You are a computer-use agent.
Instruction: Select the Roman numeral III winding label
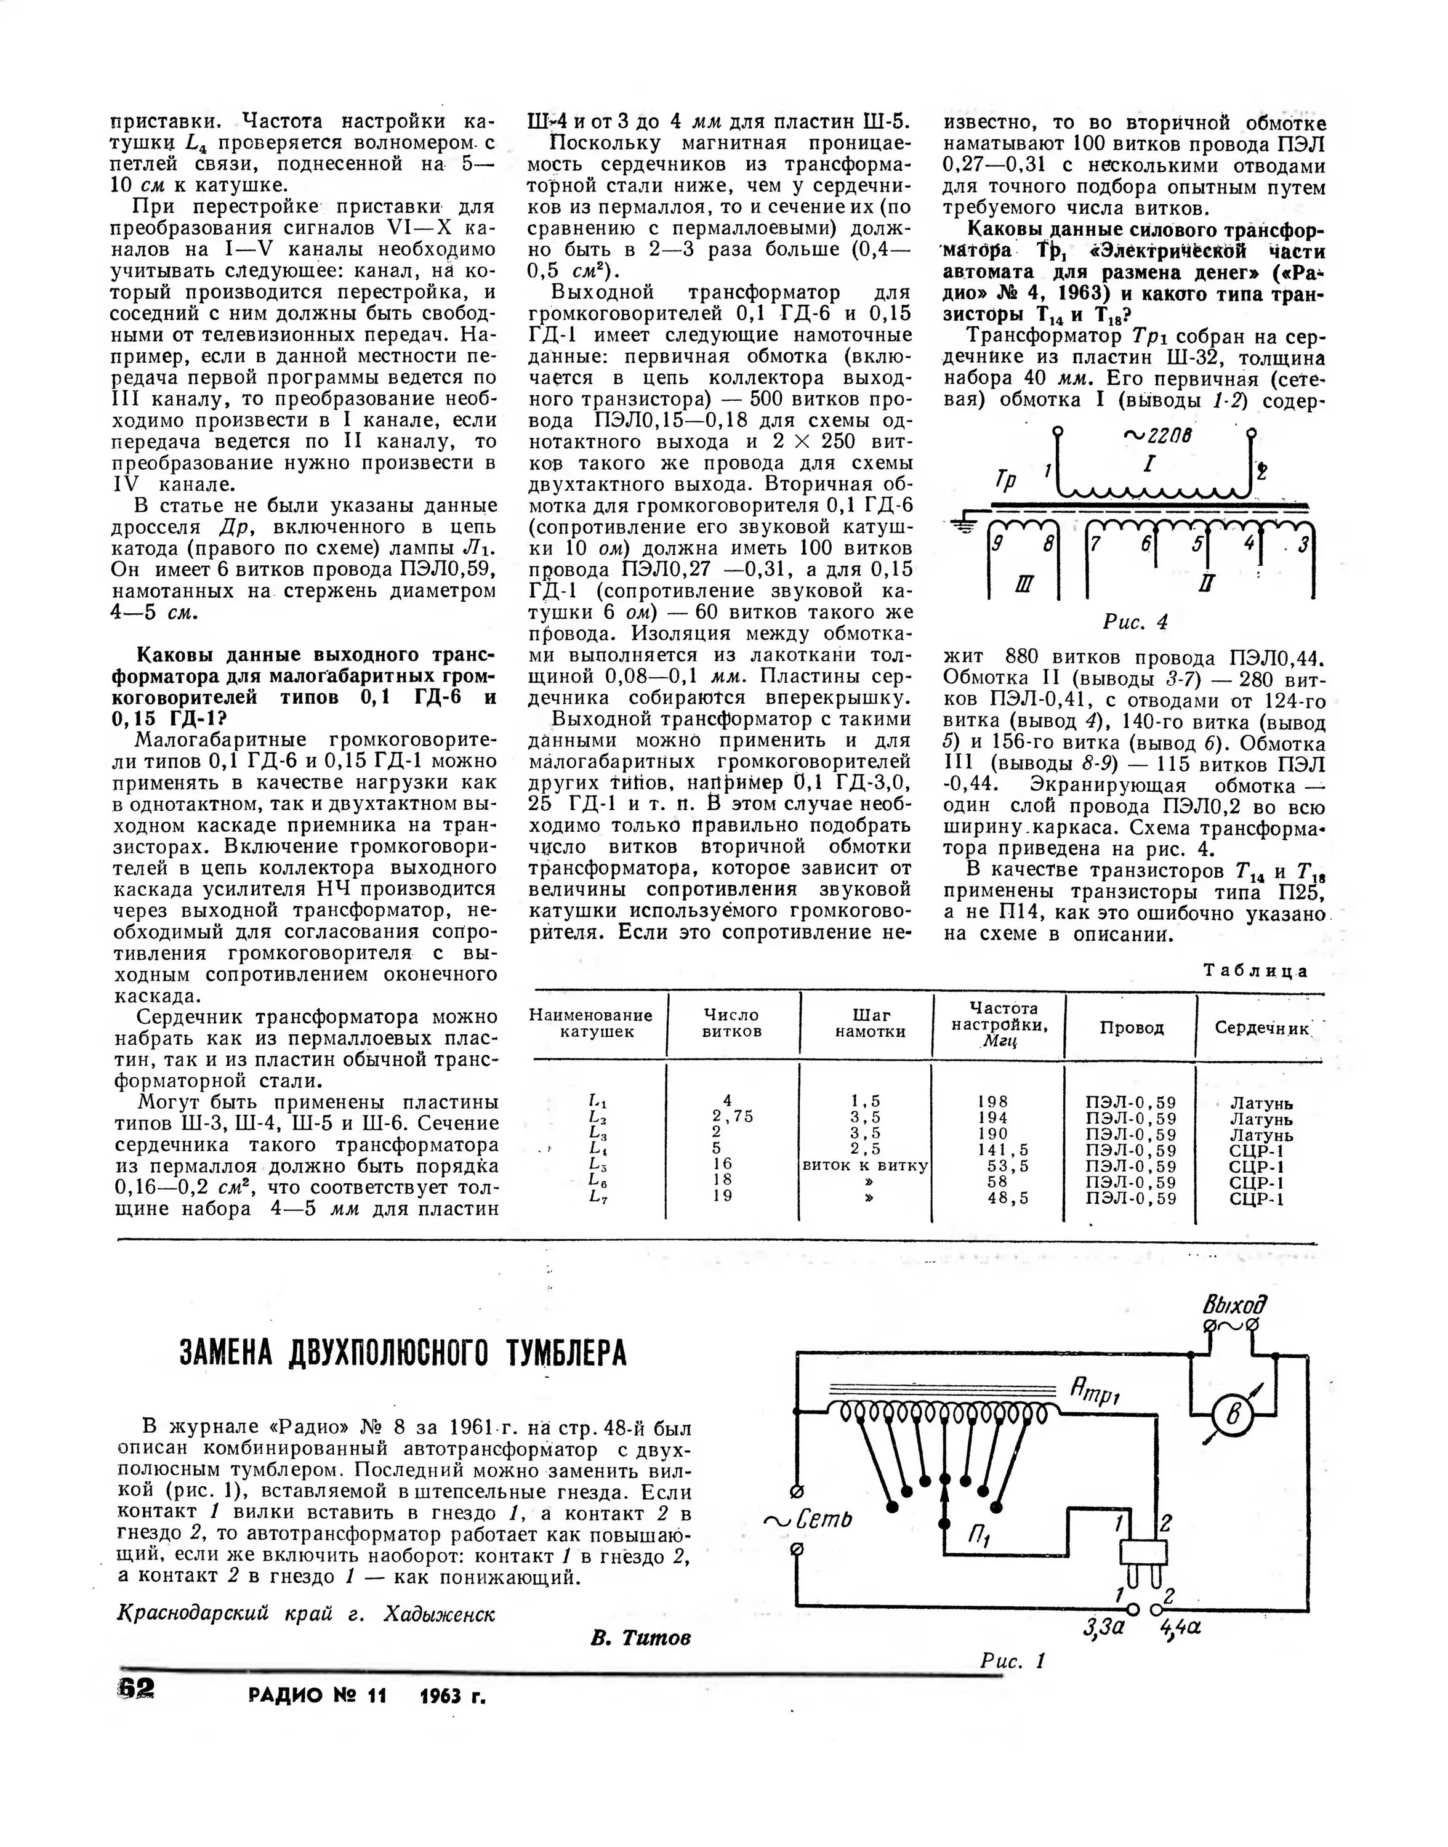pos(1023,584)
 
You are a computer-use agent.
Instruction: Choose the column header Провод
pos(1131,1028)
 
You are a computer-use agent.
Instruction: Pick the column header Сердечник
pos(1262,1028)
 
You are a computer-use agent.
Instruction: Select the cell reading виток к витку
pos(866,1165)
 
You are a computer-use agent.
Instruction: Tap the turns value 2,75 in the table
pos(733,1117)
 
